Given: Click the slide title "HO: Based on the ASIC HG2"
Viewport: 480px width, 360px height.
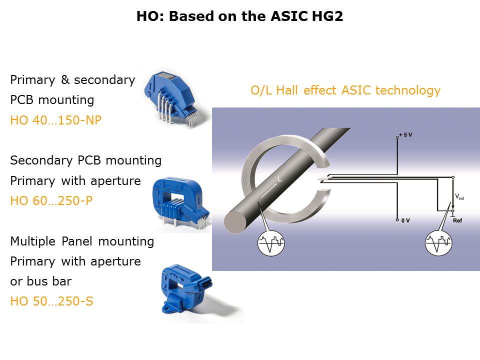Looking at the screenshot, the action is (239, 16).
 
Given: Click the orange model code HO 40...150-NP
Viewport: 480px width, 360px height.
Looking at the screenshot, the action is (55, 120).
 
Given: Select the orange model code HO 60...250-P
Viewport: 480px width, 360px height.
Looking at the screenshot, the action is (51, 200).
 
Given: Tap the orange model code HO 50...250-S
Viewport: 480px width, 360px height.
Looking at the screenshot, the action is (51, 301).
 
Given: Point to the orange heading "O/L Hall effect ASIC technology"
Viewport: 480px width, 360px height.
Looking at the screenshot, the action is (345, 90).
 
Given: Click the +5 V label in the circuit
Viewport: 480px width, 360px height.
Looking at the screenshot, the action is (405, 134).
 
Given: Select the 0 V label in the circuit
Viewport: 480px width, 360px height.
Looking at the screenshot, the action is (405, 220).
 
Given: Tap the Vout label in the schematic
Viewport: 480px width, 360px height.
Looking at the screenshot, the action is (459, 196).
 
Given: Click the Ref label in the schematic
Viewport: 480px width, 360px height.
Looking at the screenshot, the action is (457, 220).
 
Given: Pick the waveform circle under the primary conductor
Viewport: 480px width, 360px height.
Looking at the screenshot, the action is (271, 243).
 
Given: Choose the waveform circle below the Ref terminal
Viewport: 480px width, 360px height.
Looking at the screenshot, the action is (438, 243).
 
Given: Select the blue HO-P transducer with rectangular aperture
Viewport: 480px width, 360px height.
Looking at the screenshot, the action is (180, 202).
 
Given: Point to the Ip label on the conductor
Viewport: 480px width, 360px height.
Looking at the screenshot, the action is (279, 179).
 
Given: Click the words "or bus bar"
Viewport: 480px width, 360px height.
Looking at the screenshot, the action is (40, 281).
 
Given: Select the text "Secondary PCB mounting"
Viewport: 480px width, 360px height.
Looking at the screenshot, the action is (85, 160).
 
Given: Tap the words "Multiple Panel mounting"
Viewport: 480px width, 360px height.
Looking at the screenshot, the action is (82, 241).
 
